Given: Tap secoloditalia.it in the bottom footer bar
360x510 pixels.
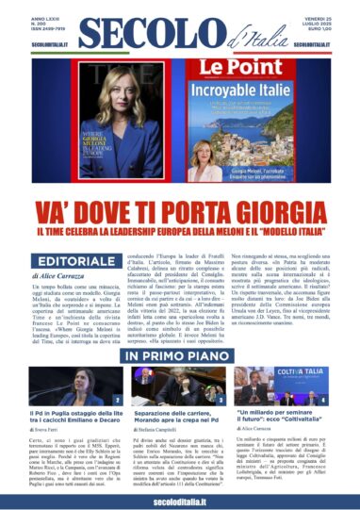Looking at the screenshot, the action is pos(179,501).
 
